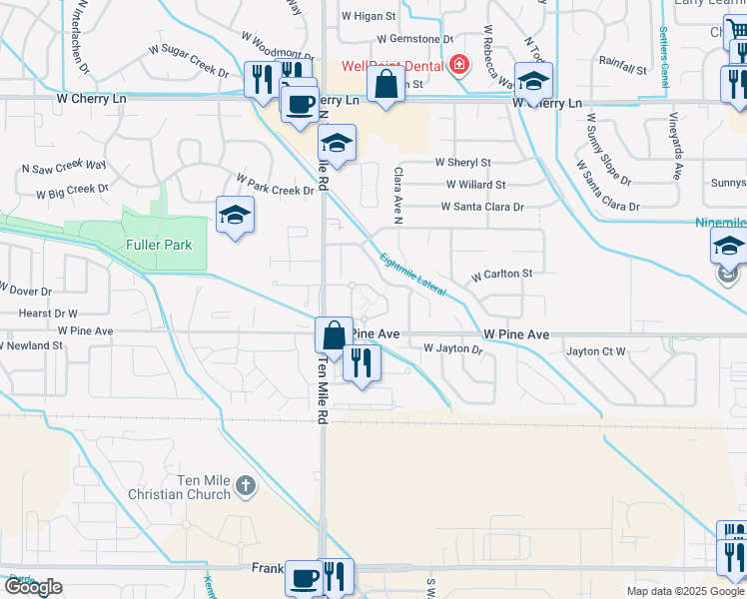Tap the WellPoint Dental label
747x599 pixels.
(394, 66)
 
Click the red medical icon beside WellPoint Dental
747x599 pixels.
(458, 66)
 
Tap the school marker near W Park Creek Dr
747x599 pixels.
(235, 217)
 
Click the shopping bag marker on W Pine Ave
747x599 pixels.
(334, 336)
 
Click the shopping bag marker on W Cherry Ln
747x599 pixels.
(385, 86)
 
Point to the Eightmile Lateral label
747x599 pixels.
(412, 272)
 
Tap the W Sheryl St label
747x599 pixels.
(462, 163)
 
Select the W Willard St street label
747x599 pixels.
(476, 185)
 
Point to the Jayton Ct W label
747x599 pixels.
(595, 351)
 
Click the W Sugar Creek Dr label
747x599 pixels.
(189, 59)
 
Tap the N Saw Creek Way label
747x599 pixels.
(64, 166)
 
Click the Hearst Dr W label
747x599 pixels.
(48, 312)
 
